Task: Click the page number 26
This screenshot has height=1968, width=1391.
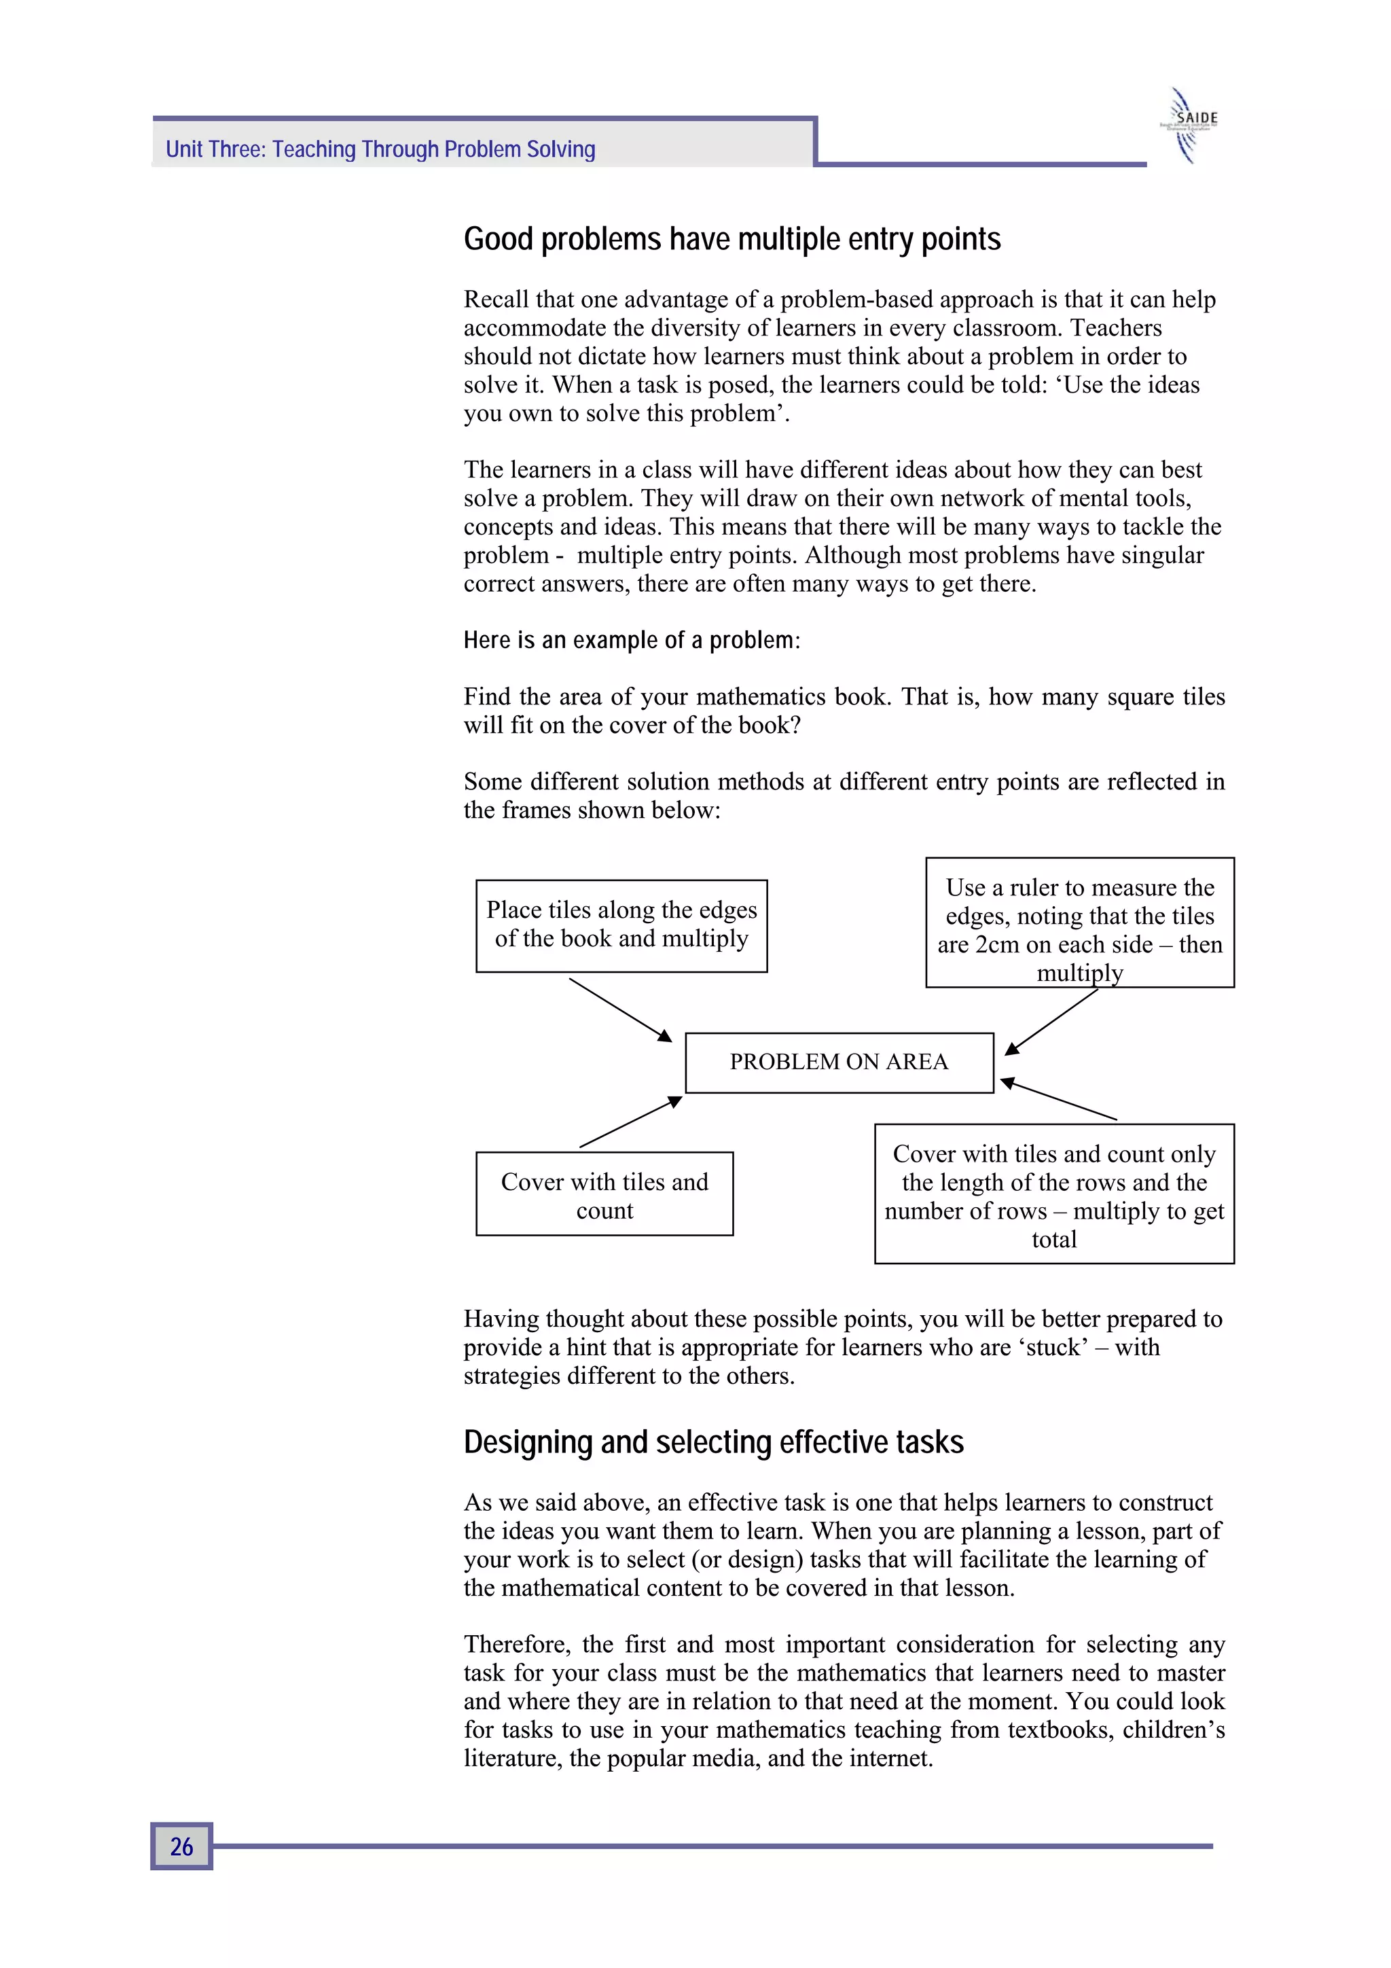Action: pyautogui.click(x=181, y=1846)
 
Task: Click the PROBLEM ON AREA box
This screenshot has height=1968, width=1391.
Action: pyautogui.click(x=838, y=1062)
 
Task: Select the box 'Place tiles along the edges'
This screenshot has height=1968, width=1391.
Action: pyautogui.click(x=621, y=925)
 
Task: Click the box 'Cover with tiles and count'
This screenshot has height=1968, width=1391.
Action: pyautogui.click(x=604, y=1194)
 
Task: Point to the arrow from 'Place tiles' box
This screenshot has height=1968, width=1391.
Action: pyautogui.click(x=621, y=1009)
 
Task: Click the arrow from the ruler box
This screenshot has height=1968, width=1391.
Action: pyautogui.click(x=1051, y=1021)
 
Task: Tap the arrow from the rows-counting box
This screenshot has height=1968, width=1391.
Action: pyautogui.click(x=1060, y=1099)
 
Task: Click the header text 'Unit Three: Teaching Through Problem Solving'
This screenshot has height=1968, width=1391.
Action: pyautogui.click(x=380, y=149)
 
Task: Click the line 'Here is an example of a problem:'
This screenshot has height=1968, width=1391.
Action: pyautogui.click(x=632, y=641)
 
